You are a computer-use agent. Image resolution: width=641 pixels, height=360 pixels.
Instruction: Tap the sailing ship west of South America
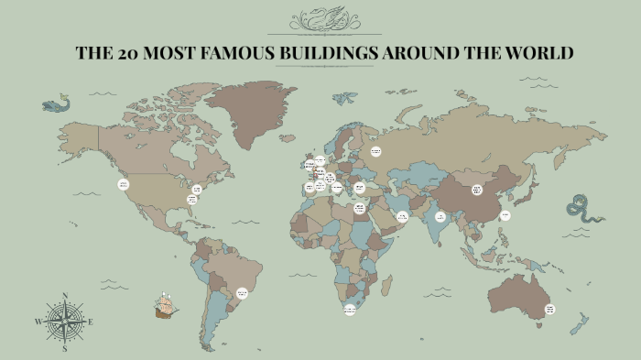166,305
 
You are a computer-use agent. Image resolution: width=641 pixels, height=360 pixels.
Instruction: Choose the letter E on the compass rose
91,322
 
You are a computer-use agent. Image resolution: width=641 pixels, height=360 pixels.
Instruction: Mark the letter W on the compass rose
38,322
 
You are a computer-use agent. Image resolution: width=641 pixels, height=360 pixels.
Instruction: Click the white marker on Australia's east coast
549,310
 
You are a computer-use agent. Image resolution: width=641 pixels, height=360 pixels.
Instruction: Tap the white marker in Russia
375,151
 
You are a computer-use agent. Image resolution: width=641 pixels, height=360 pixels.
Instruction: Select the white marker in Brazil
243,293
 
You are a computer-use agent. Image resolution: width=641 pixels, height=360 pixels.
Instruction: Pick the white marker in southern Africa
350,311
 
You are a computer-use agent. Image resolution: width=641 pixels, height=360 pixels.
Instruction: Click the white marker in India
440,217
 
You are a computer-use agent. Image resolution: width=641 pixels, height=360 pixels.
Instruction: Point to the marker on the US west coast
124,184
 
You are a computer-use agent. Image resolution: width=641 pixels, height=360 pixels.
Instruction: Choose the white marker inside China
477,190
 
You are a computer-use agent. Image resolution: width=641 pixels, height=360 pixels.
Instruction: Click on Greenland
256,115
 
